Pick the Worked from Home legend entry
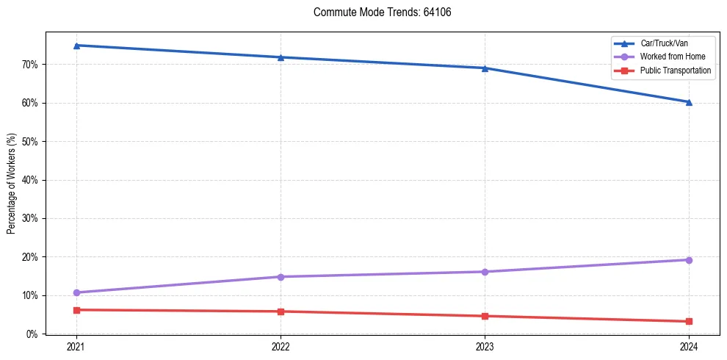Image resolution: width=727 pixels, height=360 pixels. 671,57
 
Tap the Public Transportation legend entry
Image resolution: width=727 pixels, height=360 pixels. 675,71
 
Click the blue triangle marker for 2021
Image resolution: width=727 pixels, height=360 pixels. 76,46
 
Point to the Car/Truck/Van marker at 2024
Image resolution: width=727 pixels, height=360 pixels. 689,102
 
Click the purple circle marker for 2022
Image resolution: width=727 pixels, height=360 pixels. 281,277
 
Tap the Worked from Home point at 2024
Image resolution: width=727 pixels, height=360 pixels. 689,260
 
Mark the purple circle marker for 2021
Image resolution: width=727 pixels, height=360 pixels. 76,292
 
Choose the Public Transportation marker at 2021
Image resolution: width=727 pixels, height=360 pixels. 76,310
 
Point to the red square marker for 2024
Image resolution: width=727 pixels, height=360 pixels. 689,321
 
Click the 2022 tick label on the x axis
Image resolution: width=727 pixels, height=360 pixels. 281,346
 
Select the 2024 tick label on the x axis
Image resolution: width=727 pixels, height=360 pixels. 689,346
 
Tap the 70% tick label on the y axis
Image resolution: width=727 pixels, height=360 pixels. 29,65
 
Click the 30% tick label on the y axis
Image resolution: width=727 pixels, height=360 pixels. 29,218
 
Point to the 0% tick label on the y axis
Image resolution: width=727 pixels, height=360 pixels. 32,334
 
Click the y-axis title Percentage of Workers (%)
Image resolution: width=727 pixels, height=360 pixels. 12,183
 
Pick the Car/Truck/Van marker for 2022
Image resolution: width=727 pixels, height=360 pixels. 281,57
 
